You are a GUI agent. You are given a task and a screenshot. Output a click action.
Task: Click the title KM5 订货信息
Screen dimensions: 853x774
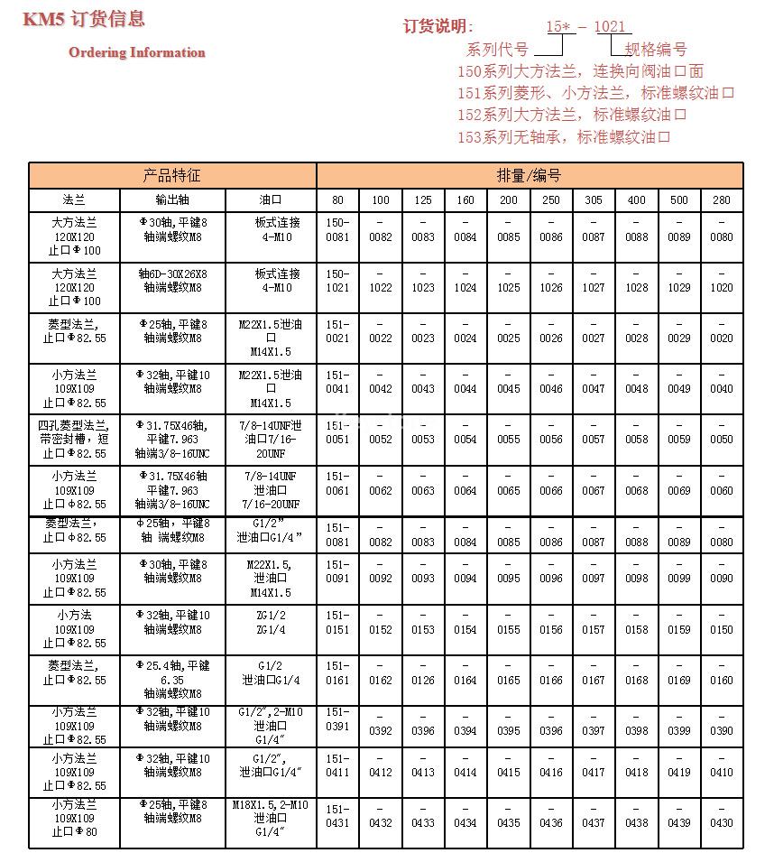(x=83, y=20)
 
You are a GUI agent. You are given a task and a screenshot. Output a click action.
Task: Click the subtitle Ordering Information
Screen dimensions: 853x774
(x=137, y=52)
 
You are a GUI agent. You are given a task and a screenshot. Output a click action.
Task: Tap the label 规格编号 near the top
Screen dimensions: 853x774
(x=656, y=50)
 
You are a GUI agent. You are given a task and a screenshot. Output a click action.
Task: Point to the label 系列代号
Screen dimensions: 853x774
(x=497, y=50)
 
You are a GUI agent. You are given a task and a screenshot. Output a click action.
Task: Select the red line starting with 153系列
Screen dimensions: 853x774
(x=564, y=137)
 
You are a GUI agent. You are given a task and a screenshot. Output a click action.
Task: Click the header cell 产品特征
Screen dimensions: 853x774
(x=172, y=175)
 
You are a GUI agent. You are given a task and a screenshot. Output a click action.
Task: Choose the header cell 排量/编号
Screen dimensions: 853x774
(x=529, y=175)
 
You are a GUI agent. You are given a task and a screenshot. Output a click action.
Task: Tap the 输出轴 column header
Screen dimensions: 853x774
(x=172, y=199)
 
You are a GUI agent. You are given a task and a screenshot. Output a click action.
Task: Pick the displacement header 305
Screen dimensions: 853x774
(x=594, y=199)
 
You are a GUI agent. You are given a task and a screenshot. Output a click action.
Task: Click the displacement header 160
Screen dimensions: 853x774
(x=465, y=199)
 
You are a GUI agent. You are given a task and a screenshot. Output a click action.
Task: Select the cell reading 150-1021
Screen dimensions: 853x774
(x=337, y=280)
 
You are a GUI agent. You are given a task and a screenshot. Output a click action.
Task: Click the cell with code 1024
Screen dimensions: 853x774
(x=465, y=287)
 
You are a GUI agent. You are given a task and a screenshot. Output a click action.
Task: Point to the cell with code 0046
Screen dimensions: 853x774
(x=551, y=388)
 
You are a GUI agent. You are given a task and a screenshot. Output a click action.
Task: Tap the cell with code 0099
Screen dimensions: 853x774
(x=679, y=578)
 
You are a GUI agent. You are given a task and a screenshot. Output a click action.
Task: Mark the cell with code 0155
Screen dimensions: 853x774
(x=509, y=629)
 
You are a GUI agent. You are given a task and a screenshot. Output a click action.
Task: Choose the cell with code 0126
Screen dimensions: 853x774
(x=423, y=680)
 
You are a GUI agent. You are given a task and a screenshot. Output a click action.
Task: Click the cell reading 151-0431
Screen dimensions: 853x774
(x=337, y=815)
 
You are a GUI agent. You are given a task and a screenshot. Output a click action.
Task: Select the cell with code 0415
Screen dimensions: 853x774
(x=509, y=772)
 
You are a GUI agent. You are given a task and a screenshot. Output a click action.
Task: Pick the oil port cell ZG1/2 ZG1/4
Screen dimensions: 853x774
(x=272, y=622)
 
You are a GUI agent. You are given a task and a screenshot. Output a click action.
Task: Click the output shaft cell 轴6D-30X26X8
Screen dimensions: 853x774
(x=172, y=280)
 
